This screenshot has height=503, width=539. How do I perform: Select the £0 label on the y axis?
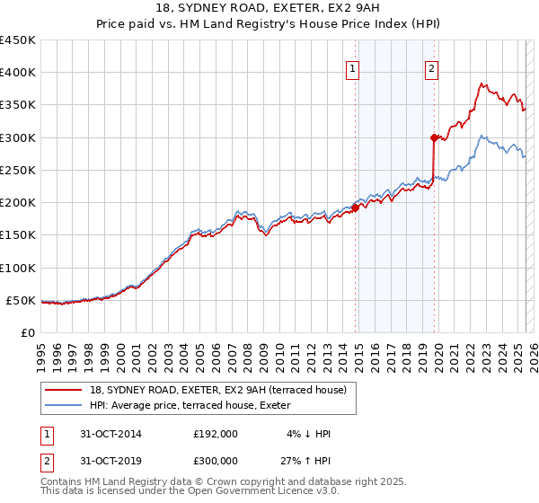click(28, 333)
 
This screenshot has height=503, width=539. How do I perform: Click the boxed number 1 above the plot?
click(352, 67)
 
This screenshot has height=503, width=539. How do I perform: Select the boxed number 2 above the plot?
click(431, 67)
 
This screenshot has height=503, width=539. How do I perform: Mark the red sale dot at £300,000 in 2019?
click(434, 137)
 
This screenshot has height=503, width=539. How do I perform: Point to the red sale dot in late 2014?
click(355, 207)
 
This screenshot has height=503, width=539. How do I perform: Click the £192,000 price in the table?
click(215, 434)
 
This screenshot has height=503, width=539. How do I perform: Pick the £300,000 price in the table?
click(215, 461)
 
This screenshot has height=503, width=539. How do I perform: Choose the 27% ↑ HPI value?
click(306, 461)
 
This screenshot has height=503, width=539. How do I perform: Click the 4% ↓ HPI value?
click(309, 434)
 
